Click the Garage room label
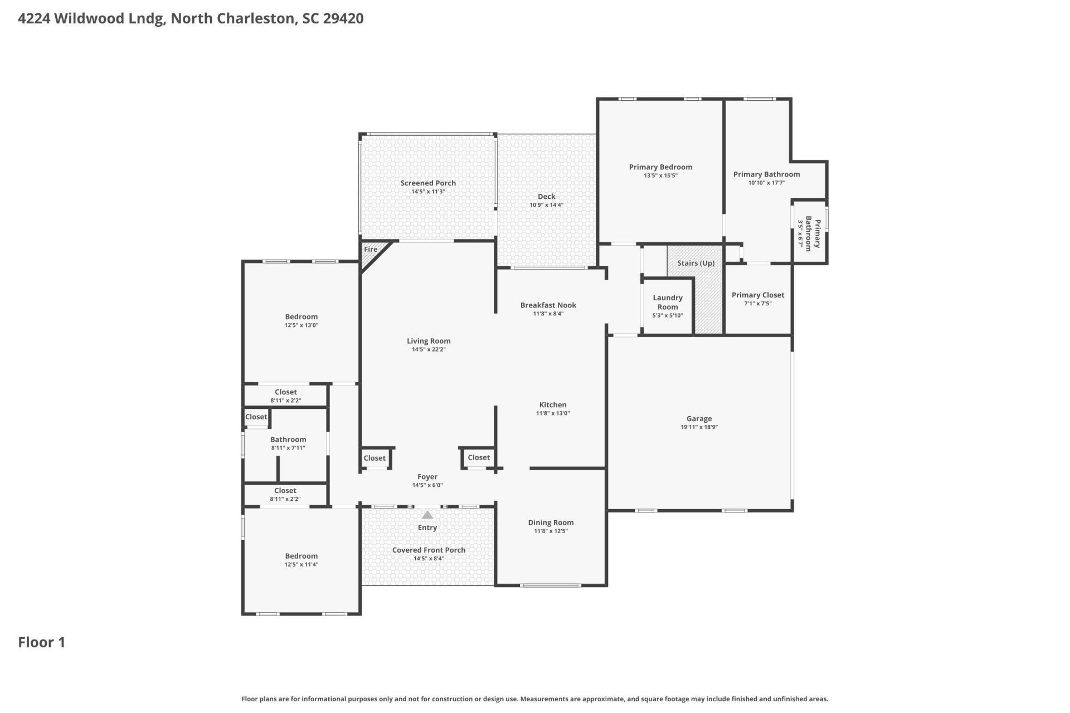(699, 418)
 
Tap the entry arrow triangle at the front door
(427, 515)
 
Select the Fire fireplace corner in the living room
(371, 250)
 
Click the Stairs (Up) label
(695, 263)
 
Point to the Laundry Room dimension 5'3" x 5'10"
(668, 315)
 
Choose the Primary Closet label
(757, 295)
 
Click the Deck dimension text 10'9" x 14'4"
(546, 205)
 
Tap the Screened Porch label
(428, 183)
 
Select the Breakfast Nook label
(548, 305)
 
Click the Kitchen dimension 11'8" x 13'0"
(553, 413)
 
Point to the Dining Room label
(551, 522)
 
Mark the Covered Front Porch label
(429, 550)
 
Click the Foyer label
(427, 477)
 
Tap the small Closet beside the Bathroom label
(256, 417)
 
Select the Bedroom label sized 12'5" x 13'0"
(301, 316)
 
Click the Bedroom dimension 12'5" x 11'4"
(301, 564)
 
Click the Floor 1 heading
(42, 642)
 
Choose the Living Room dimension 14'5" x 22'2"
(429, 349)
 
